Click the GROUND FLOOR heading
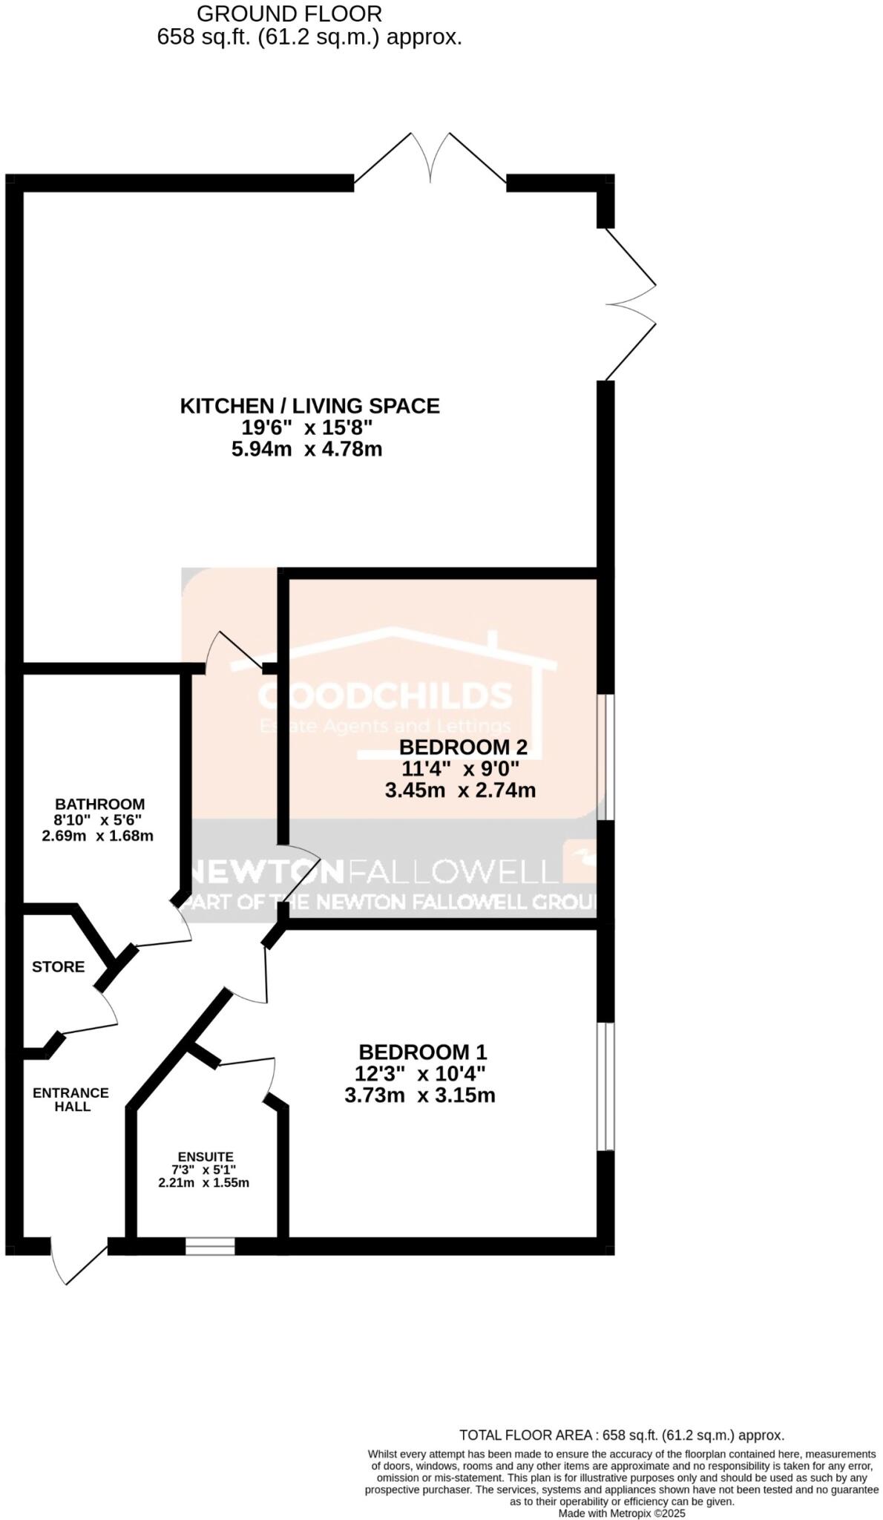(290, 13)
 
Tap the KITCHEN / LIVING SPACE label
(309, 406)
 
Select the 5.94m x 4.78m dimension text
(306, 449)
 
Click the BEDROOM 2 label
(464, 747)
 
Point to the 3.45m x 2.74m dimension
(460, 790)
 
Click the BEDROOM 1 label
(422, 1052)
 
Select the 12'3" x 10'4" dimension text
(420, 1073)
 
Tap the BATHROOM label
(99, 804)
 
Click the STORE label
(58, 966)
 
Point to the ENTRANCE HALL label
(71, 1099)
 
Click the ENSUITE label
(206, 1156)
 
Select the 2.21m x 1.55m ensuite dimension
(203, 1183)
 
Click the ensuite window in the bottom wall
(210, 1246)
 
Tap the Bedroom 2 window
(606, 757)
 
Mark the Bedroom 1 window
(606, 1087)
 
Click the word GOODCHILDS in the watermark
(384, 695)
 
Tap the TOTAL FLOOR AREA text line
(621, 1435)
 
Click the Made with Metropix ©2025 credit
(622, 1513)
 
